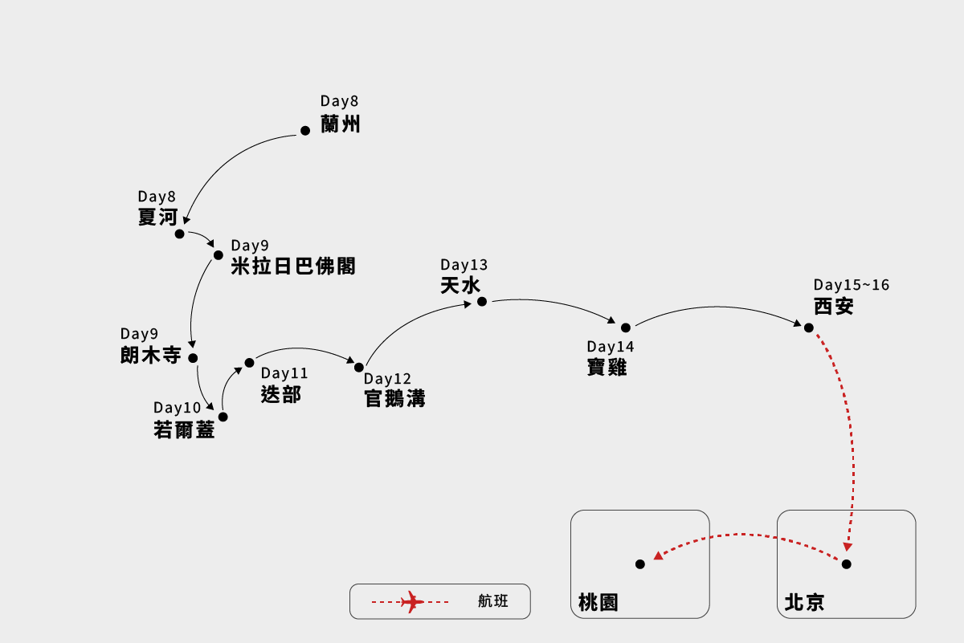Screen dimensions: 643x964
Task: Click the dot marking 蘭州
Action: [x=305, y=131]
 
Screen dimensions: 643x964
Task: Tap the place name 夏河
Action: [x=157, y=217]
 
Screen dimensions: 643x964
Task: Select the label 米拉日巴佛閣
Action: [x=293, y=267]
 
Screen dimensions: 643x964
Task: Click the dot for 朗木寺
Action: [x=193, y=358]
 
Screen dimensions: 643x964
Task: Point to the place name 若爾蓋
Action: [x=184, y=430]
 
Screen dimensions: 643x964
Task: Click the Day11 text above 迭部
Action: [x=284, y=373]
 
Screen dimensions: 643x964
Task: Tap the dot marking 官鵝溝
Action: [x=359, y=368]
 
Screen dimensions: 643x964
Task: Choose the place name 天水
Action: [x=460, y=285]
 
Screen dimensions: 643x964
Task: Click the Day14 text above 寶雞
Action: [x=611, y=347]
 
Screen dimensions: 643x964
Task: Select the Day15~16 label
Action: [x=852, y=285]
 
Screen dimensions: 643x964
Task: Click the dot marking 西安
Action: [x=809, y=328]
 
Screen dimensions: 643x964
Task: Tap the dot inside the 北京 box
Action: [x=846, y=564]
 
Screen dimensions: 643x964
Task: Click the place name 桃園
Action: [x=598, y=602]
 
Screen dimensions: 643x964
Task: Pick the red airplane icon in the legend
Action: [x=412, y=601]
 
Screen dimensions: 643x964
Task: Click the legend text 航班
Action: [x=493, y=601]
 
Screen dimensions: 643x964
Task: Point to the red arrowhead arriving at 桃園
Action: [x=658, y=555]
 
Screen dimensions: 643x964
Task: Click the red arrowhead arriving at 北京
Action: [x=848, y=547]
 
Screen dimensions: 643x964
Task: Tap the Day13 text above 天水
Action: [x=464, y=265]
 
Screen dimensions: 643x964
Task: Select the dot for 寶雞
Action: [x=626, y=328]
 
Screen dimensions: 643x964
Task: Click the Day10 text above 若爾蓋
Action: [x=178, y=408]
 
